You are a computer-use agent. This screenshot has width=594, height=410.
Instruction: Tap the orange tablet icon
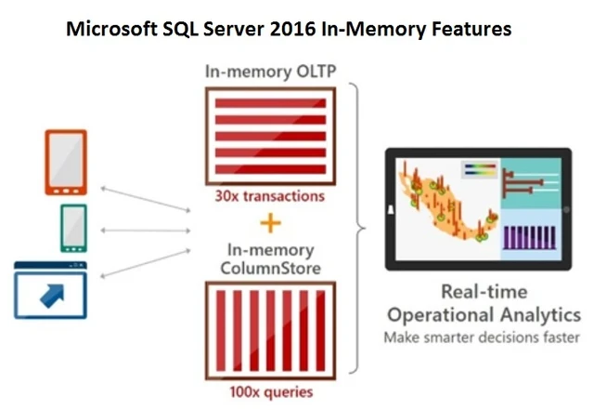coord(65,163)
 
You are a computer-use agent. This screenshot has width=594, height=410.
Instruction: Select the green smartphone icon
coord(73,228)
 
